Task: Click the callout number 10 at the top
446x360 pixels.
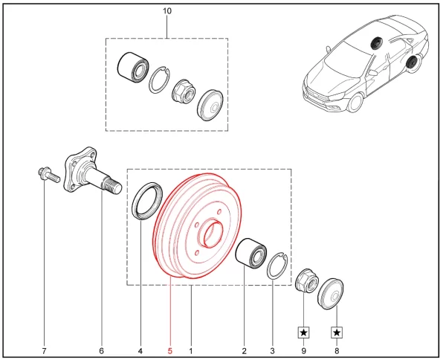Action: (167, 10)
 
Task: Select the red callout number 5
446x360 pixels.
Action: (169, 350)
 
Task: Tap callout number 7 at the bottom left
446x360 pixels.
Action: (44, 350)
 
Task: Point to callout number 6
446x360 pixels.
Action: (101, 350)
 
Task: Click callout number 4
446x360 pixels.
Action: (140, 350)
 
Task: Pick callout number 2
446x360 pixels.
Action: (244, 350)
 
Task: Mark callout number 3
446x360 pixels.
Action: (272, 350)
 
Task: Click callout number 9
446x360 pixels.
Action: (304, 350)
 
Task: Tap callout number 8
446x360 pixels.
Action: (337, 350)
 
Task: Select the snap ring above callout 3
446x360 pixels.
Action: (277, 266)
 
